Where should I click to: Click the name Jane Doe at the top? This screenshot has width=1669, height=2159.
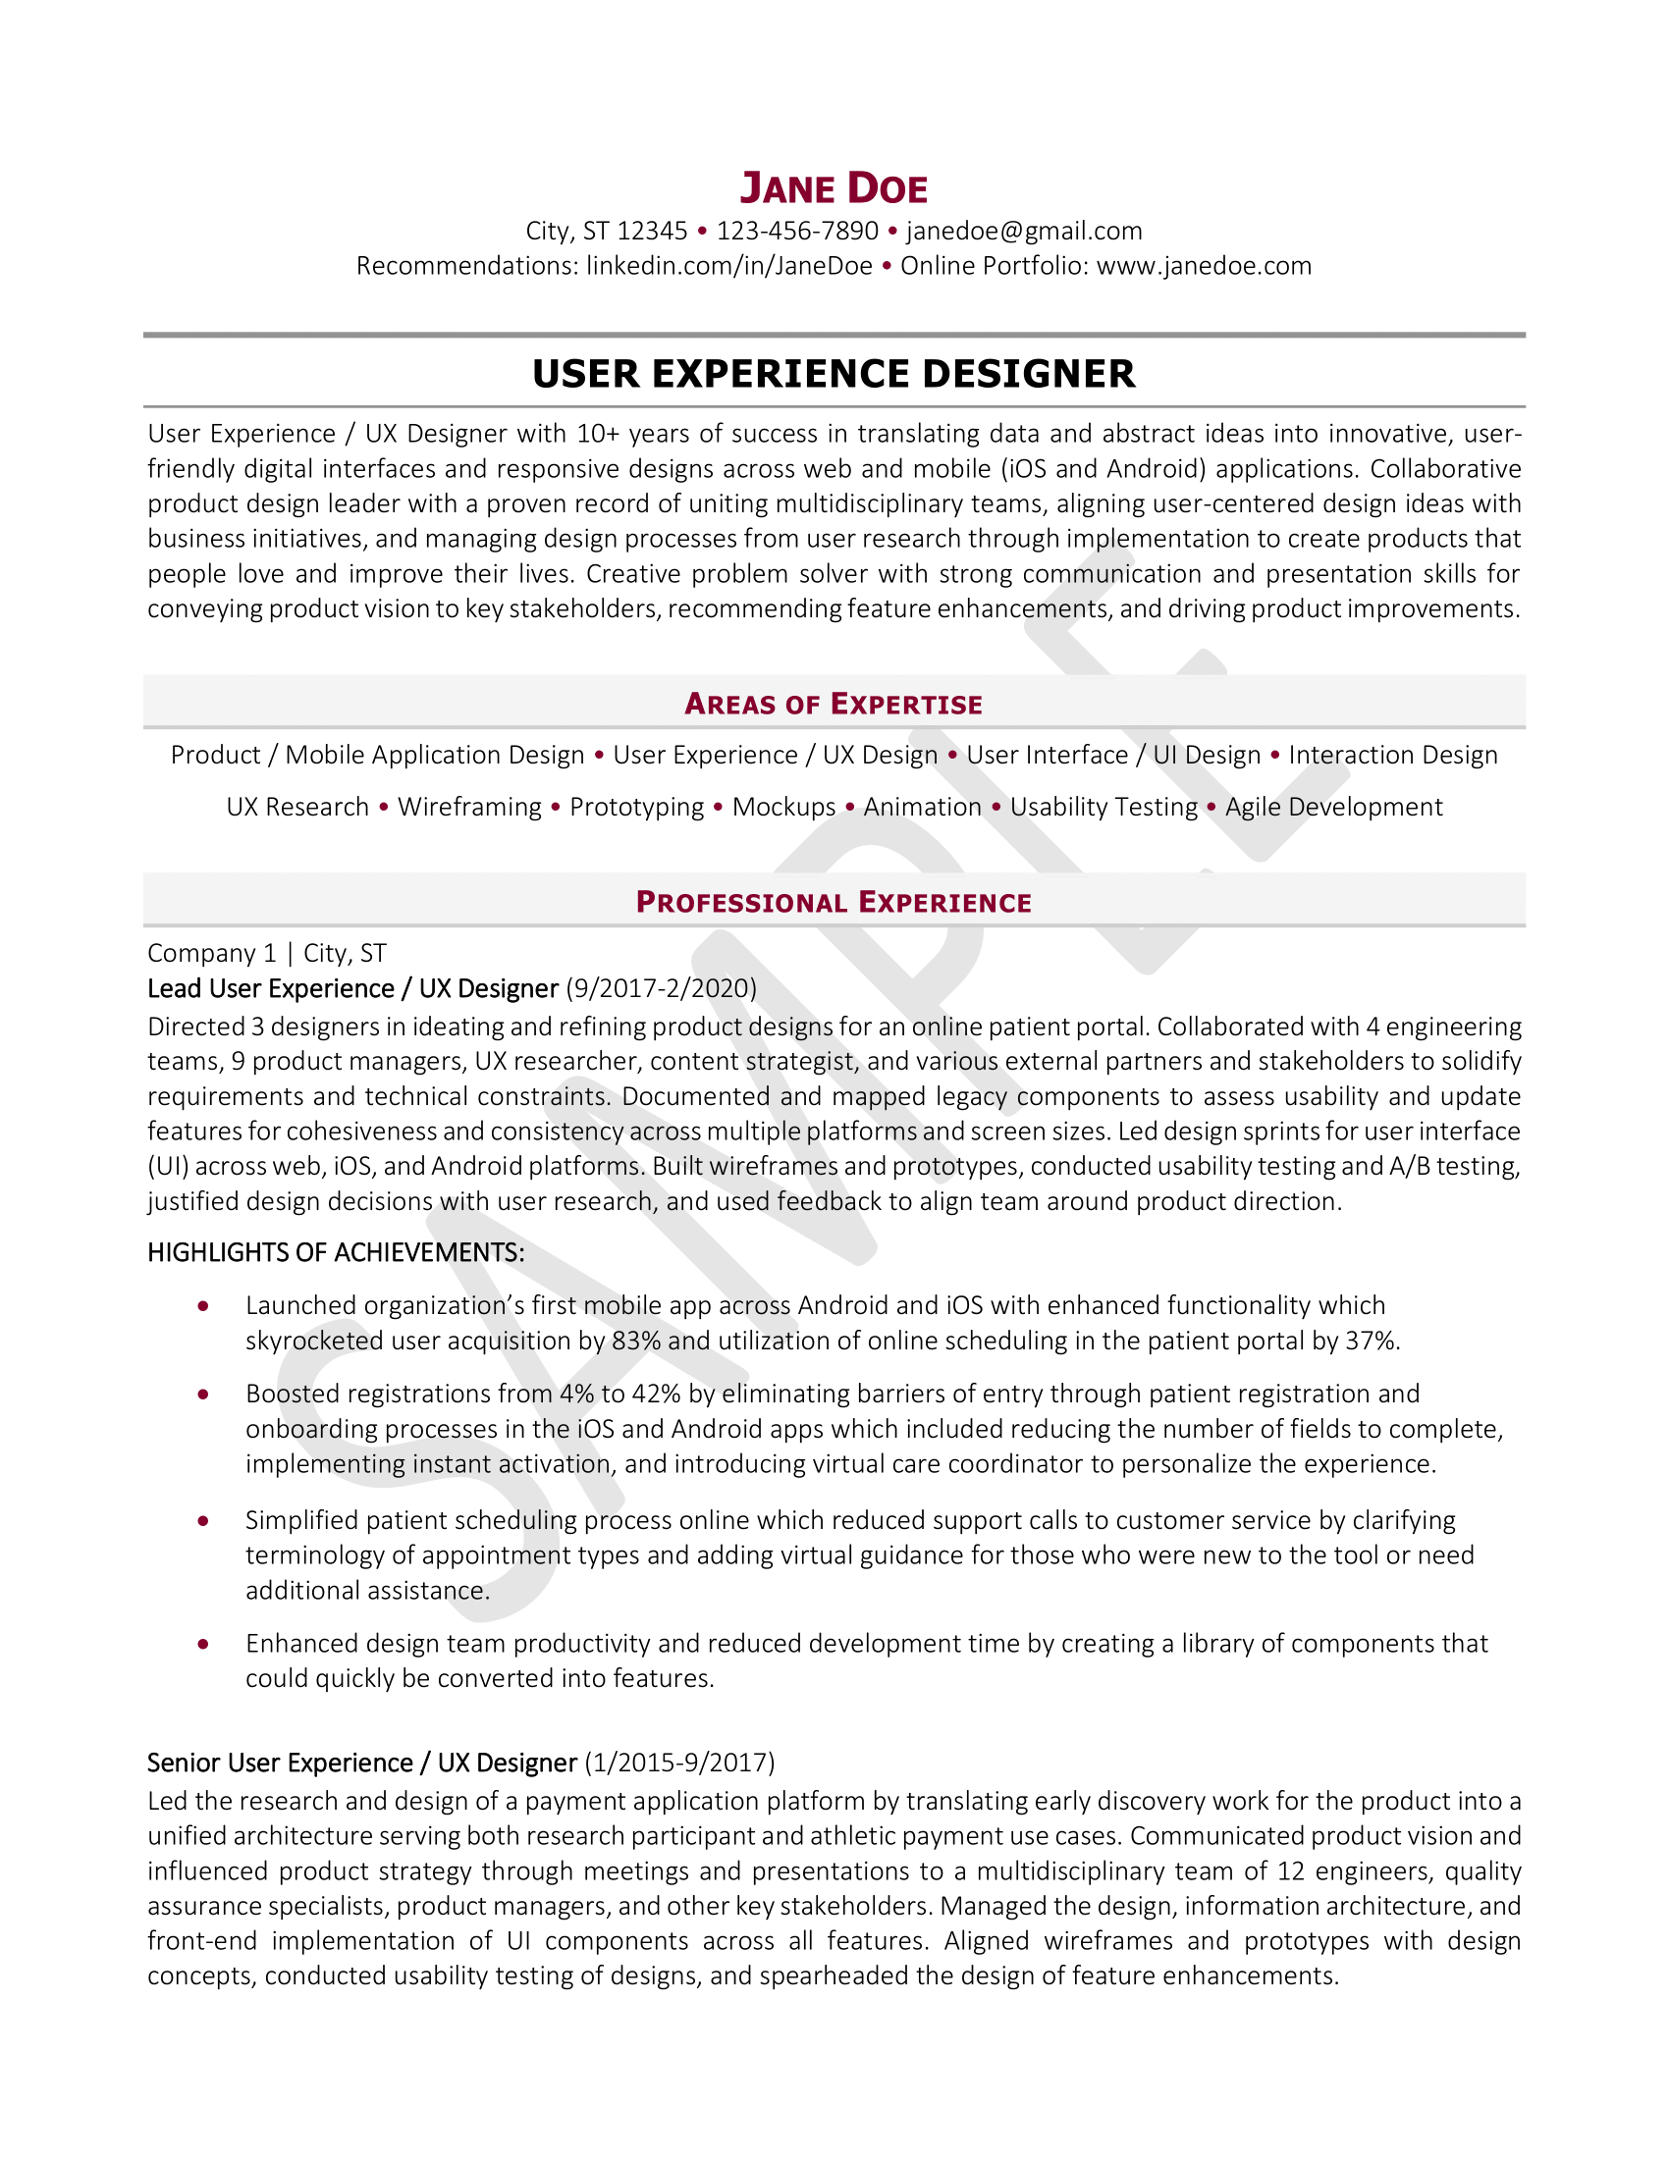click(834, 187)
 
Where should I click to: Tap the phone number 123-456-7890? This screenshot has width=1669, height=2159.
click(797, 232)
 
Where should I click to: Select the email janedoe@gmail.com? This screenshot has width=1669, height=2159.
click(1023, 232)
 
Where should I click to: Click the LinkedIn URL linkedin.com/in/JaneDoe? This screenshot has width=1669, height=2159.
click(728, 266)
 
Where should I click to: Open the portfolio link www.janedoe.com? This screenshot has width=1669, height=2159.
click(1204, 266)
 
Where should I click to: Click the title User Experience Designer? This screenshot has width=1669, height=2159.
click(834, 374)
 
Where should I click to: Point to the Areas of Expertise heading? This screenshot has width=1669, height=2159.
click(834, 704)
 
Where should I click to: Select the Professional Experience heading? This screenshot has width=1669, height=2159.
click(834, 902)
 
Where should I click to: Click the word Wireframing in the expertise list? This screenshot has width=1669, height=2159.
click(469, 808)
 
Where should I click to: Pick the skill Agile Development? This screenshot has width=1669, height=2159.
click(1334, 808)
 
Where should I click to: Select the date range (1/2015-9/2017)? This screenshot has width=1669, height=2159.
click(680, 1763)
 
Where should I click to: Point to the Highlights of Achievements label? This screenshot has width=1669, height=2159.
click(335, 1252)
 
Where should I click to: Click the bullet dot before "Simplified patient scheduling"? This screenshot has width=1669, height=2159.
click(202, 1520)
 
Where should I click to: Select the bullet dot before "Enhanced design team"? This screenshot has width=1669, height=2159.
click(202, 1644)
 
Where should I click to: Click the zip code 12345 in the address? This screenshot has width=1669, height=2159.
click(652, 232)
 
